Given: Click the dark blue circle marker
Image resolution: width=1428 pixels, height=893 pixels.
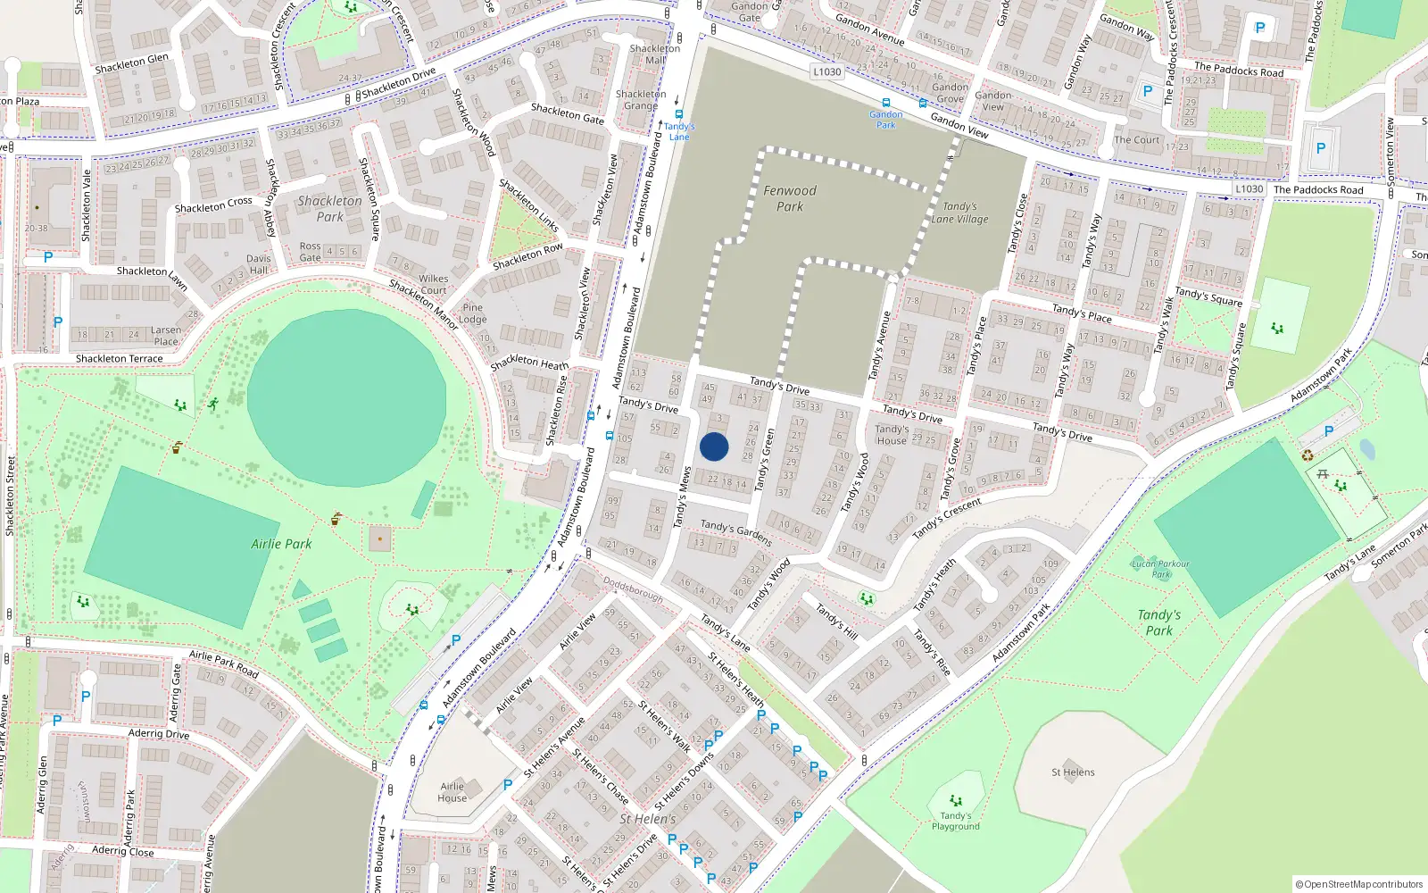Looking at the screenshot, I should point(714,446).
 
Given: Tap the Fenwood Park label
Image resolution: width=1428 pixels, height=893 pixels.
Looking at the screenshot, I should point(790,198).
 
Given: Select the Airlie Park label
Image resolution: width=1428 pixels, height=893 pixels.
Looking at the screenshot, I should point(281,544).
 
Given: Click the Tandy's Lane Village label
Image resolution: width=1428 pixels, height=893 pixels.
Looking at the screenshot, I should point(959,213).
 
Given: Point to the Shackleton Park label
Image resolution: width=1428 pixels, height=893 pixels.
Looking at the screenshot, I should point(329,209).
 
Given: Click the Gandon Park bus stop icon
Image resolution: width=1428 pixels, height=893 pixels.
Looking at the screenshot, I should point(885,103).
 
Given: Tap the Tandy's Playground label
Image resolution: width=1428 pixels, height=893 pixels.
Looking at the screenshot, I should point(955,821).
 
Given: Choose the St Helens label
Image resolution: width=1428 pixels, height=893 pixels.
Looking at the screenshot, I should point(1073,772).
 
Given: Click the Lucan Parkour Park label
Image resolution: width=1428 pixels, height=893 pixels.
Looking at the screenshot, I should point(1160,569).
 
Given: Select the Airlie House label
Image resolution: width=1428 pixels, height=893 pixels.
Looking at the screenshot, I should point(452,792).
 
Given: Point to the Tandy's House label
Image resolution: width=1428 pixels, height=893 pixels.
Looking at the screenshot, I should point(891,435).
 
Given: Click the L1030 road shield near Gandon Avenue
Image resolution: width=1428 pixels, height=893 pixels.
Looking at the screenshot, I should point(827,71).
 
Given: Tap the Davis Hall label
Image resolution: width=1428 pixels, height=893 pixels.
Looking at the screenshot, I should point(258,264).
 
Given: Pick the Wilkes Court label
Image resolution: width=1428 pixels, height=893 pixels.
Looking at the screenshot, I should point(433,284).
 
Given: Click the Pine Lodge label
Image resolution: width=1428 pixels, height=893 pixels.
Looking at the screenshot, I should point(472,313).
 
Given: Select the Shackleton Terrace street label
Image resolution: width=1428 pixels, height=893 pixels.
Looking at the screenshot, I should point(119,359).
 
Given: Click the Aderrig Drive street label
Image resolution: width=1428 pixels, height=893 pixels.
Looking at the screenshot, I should point(158,734).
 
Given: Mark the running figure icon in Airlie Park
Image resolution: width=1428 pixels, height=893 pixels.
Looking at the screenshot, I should point(213,404).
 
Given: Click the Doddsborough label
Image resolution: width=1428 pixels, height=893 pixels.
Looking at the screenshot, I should point(633,589).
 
